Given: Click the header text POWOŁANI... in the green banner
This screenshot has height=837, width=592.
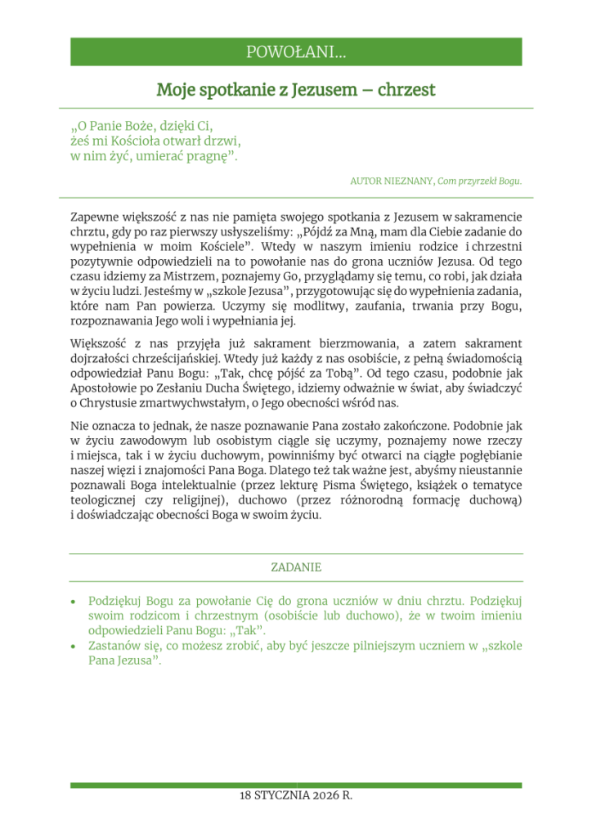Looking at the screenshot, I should pyautogui.click(x=296, y=52).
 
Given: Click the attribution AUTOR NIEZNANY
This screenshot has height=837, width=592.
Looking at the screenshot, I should pyautogui.click(x=392, y=181).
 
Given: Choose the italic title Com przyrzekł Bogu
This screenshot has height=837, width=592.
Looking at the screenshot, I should pyautogui.click(x=480, y=181).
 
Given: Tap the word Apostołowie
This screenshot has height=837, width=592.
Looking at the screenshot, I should pyautogui.click(x=106, y=389).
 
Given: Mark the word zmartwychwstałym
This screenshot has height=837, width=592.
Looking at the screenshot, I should pyautogui.click(x=184, y=404).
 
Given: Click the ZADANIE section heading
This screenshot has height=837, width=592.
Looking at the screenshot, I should pyautogui.click(x=296, y=566).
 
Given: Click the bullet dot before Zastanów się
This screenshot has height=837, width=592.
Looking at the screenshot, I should pyautogui.click(x=75, y=646).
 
